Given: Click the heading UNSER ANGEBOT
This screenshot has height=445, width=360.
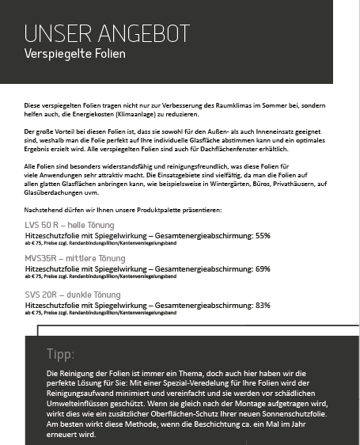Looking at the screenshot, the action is pos(107,33).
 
